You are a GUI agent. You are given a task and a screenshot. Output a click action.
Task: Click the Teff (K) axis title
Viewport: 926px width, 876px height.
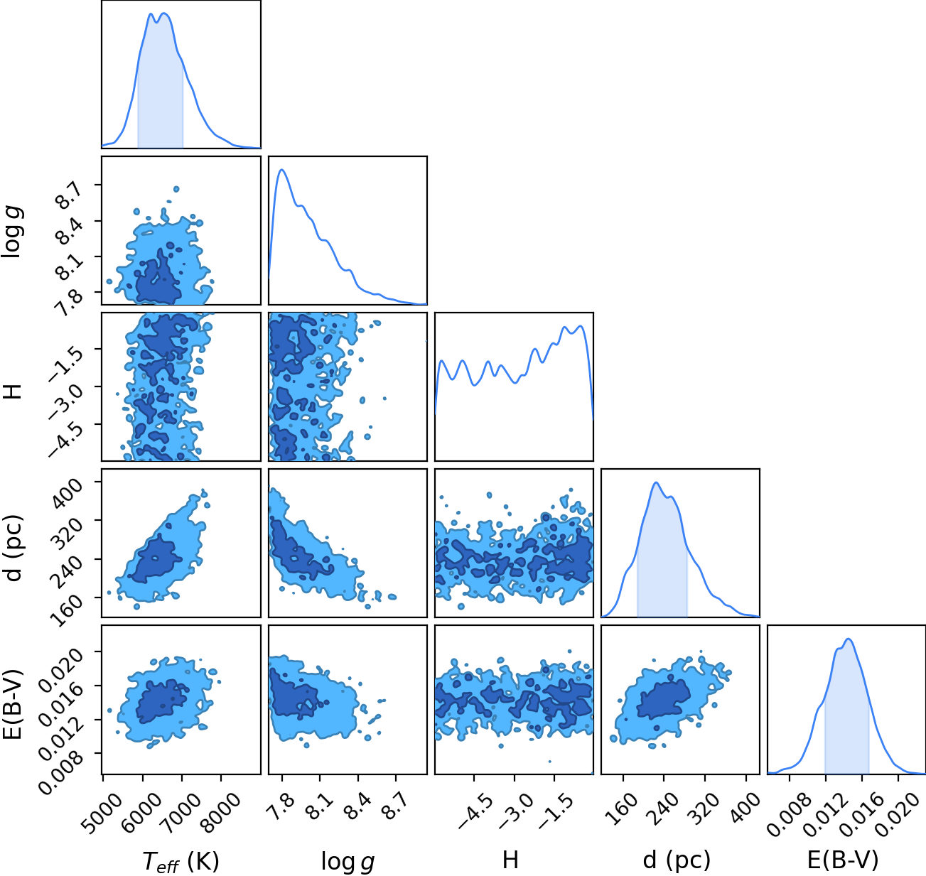click(x=181, y=861)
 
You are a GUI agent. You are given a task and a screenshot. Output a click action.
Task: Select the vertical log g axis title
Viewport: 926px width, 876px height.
click(x=12, y=232)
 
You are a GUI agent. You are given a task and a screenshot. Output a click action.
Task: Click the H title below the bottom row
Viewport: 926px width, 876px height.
click(x=510, y=860)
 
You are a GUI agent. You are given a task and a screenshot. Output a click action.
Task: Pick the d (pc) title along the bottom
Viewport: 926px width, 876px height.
click(x=677, y=861)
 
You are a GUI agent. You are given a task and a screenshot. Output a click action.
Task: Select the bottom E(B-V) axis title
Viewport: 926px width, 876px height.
click(x=843, y=861)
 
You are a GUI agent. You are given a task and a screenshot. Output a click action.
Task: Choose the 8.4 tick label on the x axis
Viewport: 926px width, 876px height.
click(x=358, y=804)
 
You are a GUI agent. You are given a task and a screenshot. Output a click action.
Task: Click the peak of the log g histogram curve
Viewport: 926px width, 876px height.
click(x=281, y=170)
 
